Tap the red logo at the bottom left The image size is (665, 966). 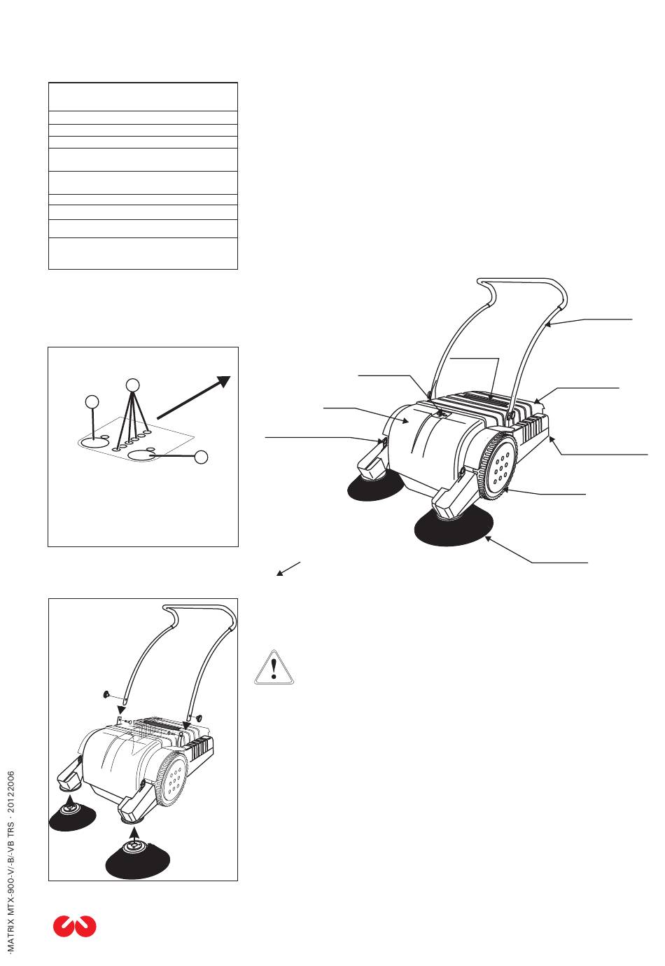[x=74, y=926]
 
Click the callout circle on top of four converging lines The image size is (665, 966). [x=132, y=384]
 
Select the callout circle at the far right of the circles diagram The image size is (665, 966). [x=201, y=457]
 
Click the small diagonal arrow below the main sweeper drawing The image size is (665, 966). [x=288, y=568]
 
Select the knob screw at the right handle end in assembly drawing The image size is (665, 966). [x=199, y=718]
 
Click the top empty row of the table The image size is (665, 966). [x=143, y=96]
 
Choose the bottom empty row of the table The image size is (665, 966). [x=143, y=253]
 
